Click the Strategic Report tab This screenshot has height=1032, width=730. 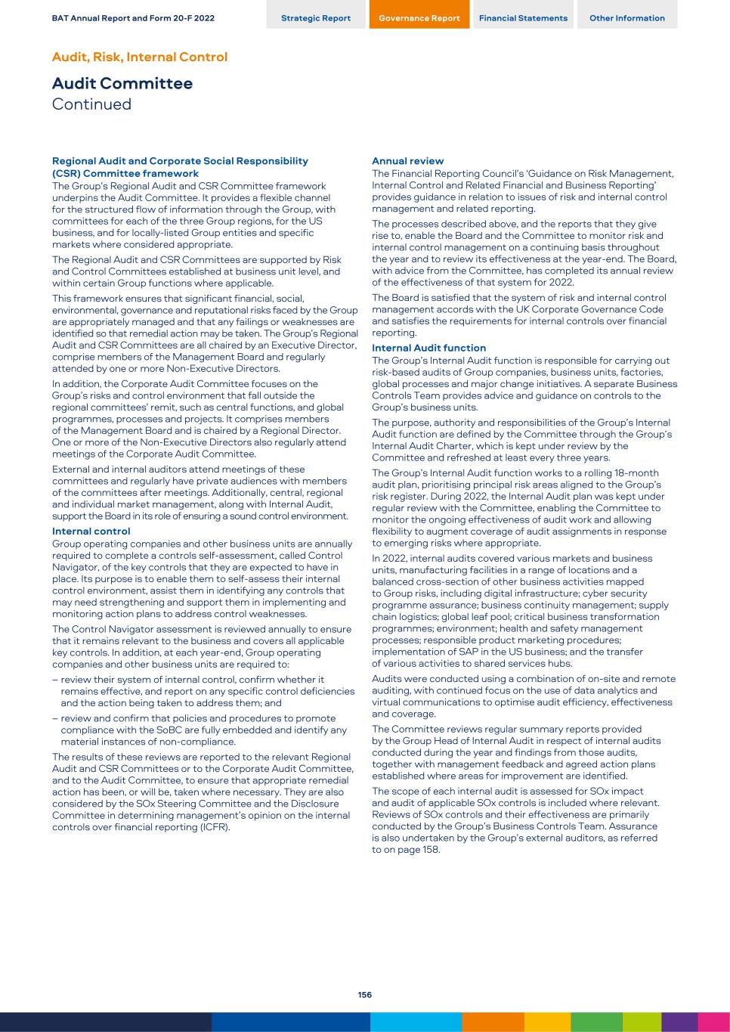316,18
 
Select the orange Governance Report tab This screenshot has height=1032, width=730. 419,18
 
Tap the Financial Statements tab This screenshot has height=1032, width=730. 523,18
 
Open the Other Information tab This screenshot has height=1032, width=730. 627,18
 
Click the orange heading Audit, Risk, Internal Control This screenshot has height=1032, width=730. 140,57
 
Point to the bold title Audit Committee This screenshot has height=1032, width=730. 122,83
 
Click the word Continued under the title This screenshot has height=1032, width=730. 91,104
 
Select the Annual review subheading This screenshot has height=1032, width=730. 408,161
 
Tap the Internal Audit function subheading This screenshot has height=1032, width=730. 428,348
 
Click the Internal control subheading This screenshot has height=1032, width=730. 91,531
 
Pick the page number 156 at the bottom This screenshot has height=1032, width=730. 365,995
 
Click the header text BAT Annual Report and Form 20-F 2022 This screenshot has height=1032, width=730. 133,18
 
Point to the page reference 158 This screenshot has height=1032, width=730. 431,850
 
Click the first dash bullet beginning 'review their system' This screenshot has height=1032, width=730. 56,680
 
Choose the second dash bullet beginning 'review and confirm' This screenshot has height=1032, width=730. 56,719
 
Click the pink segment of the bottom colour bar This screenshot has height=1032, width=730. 713,1022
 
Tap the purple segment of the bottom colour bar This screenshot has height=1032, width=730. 679,1022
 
